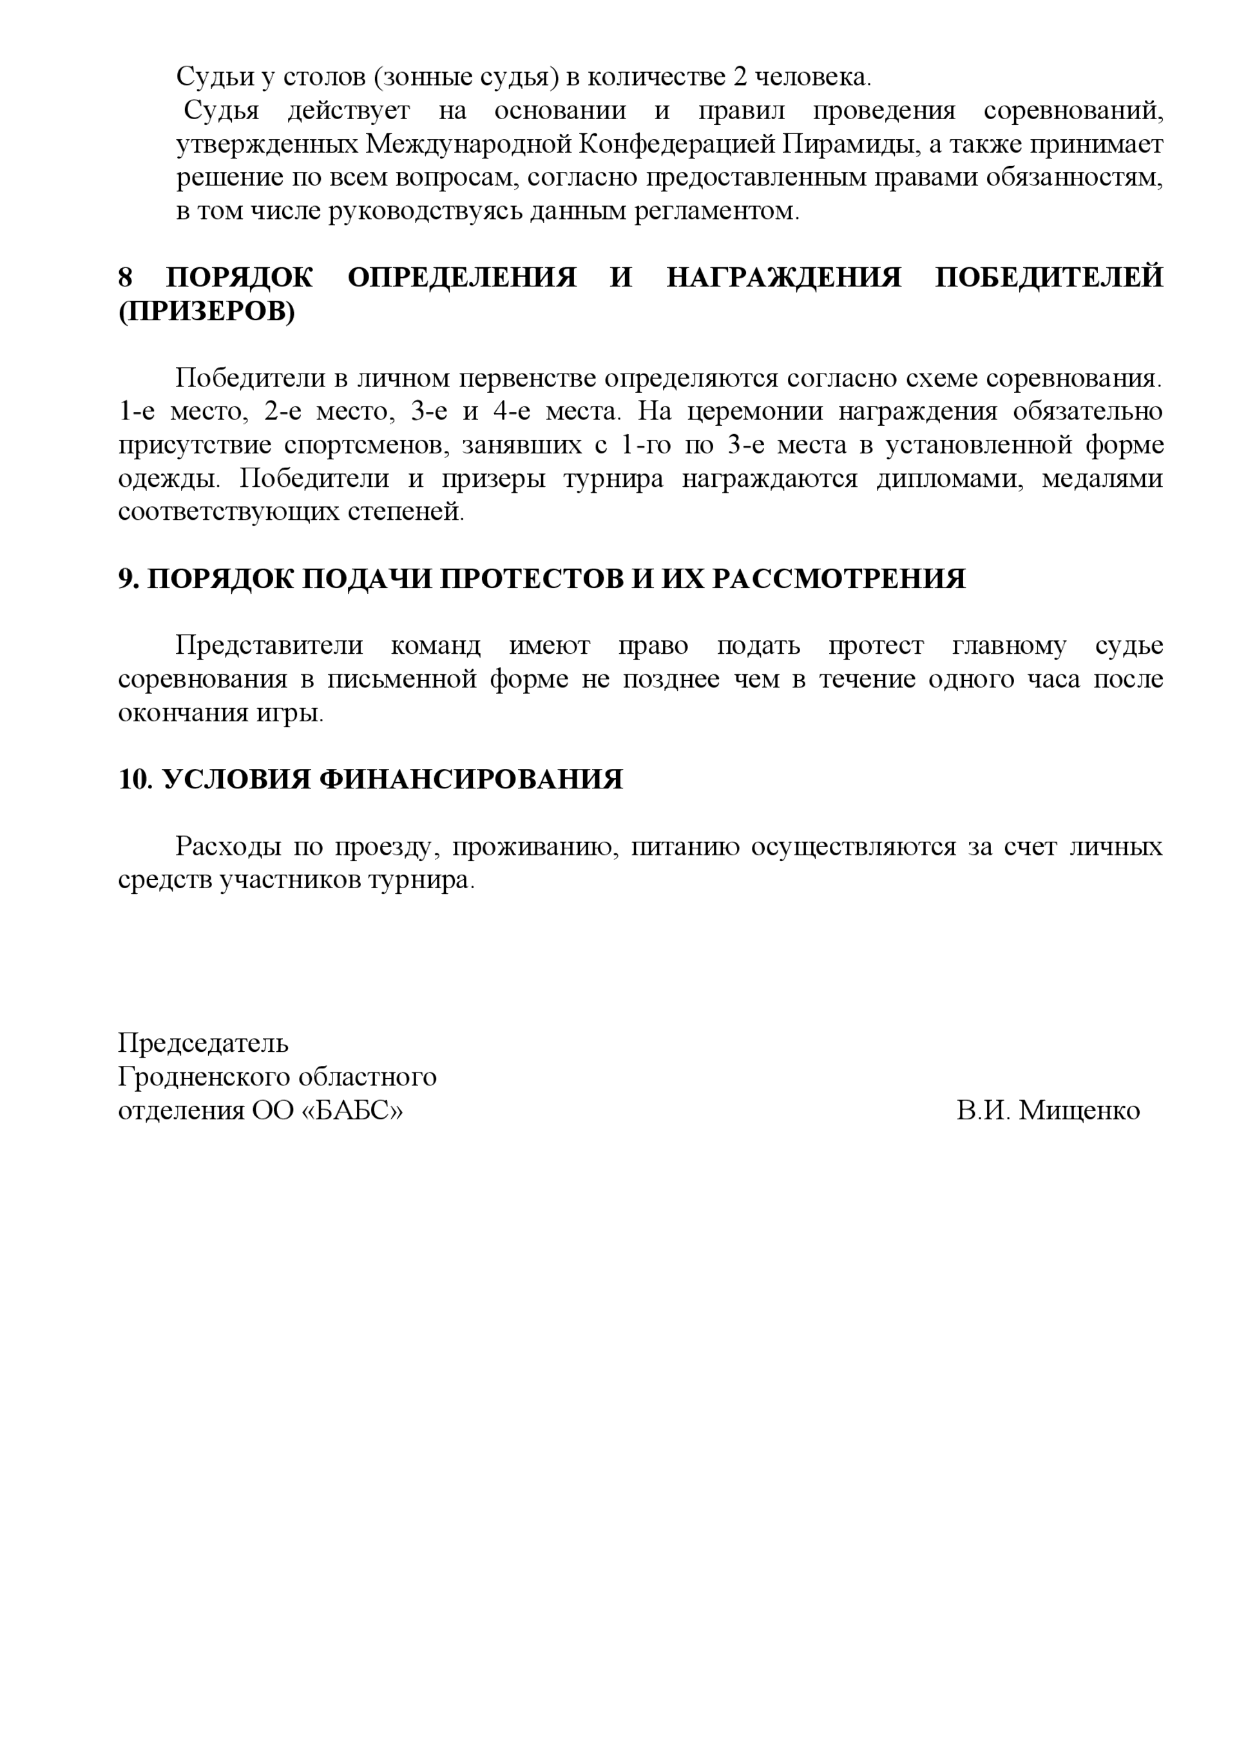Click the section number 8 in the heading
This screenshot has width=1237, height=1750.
point(125,277)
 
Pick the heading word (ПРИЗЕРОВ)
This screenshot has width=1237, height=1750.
point(207,312)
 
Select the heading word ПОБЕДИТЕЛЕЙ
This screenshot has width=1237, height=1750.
point(1049,277)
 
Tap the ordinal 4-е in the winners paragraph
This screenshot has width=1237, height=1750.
point(511,412)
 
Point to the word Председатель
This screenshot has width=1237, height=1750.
point(203,1043)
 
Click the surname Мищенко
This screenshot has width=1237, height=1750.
point(1079,1110)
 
